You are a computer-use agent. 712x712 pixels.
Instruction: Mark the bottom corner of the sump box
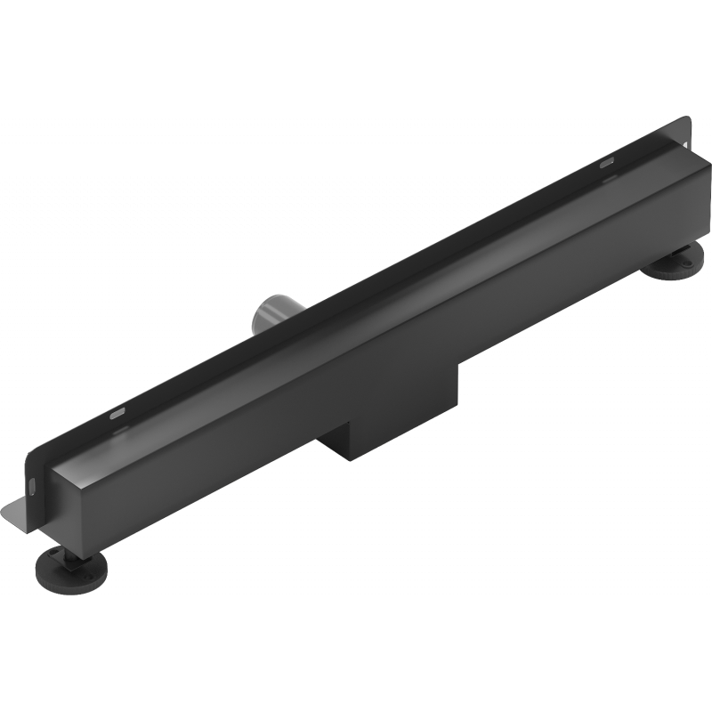[x=352, y=459]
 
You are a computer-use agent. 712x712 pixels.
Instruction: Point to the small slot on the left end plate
[x=33, y=485]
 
